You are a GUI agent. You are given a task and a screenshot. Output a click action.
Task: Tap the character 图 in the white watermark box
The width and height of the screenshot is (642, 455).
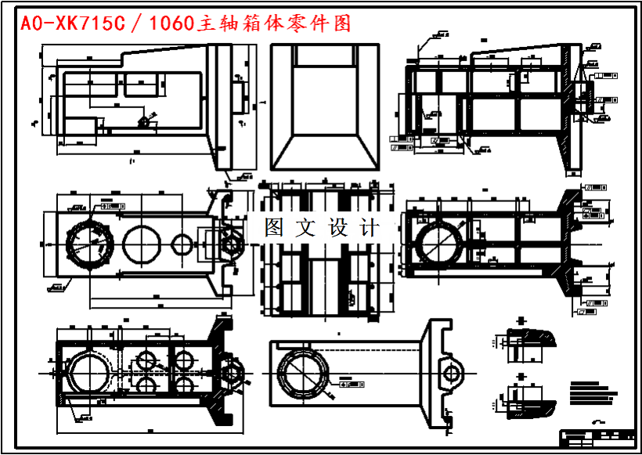coord(274,228)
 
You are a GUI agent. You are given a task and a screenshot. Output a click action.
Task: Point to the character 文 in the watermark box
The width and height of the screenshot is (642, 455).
coord(305,228)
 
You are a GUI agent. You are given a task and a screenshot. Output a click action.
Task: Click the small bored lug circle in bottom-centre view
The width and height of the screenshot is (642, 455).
coord(451,373)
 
